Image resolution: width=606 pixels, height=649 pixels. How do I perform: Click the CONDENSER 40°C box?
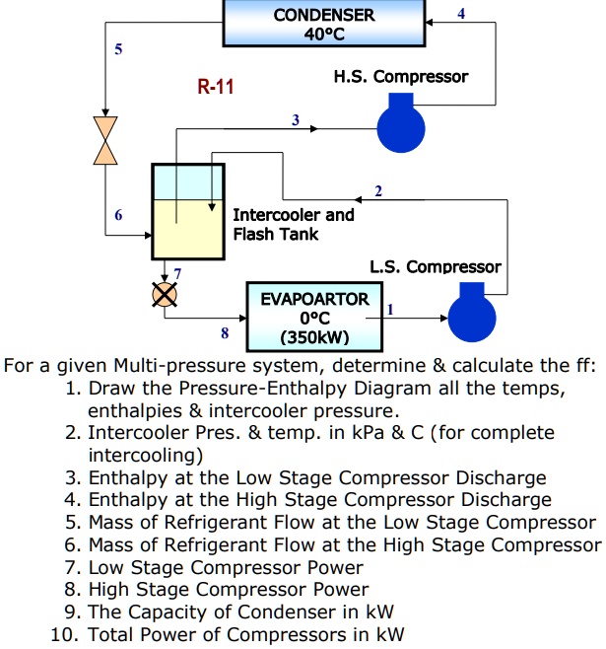(x=323, y=25)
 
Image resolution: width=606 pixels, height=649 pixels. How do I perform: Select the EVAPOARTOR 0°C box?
(x=309, y=316)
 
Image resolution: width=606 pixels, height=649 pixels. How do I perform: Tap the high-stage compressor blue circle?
(x=401, y=126)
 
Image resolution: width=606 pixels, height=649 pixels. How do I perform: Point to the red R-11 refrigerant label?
(x=216, y=87)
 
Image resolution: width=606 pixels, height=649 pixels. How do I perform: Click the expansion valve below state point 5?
(x=103, y=138)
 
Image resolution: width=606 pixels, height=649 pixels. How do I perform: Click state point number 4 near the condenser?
(x=461, y=13)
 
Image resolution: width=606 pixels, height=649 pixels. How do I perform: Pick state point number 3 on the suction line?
(x=295, y=119)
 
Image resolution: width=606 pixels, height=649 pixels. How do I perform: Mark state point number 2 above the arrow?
(x=377, y=189)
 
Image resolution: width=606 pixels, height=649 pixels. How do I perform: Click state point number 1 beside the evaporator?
(x=390, y=309)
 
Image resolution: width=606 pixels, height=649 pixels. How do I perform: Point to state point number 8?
(x=224, y=333)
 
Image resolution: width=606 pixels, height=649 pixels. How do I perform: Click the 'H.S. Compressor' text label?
(x=401, y=76)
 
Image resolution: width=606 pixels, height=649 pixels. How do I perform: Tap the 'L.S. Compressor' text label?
(x=435, y=266)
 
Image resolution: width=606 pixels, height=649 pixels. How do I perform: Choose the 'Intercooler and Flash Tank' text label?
(x=293, y=224)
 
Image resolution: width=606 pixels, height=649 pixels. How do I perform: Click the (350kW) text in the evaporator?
(x=309, y=336)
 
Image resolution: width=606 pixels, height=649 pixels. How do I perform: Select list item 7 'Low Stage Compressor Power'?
(x=226, y=567)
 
